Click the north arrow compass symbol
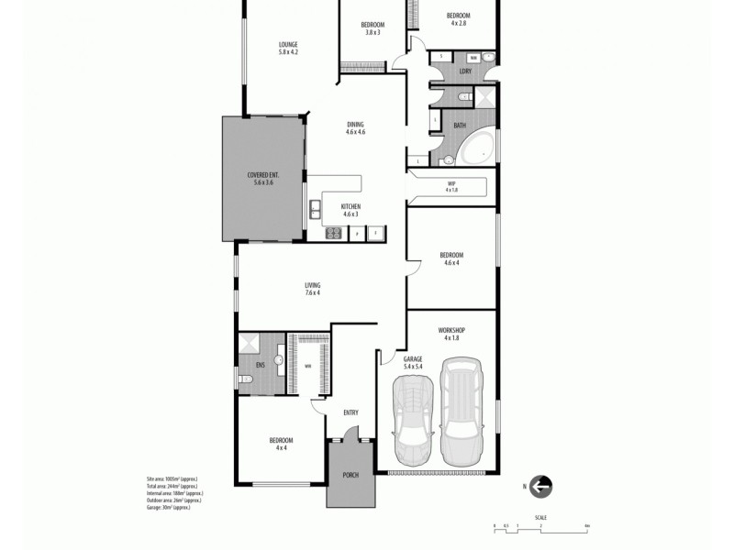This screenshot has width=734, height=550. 541,487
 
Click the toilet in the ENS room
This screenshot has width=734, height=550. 244,379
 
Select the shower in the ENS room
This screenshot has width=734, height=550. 249,345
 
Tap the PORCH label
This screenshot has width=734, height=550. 350,475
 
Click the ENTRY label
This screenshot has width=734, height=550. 350,412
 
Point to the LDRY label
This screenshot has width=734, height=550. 465,71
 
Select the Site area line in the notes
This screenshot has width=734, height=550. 172,479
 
